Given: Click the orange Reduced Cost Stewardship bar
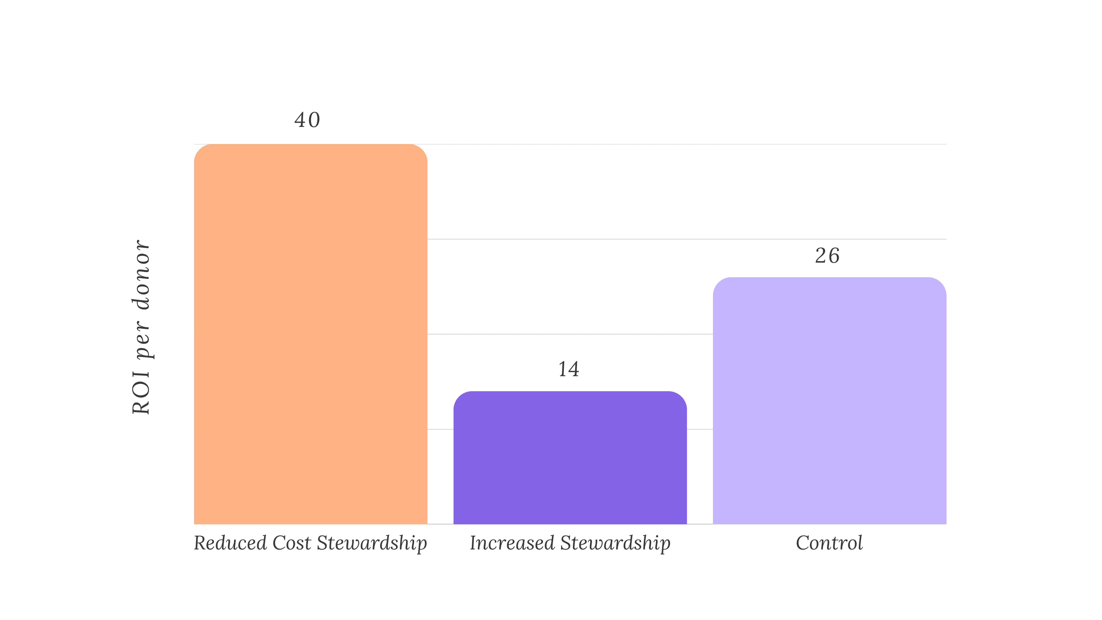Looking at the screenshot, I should point(311,334).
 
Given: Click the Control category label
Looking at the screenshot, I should point(829,543).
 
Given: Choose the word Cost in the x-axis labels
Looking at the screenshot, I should point(292,543).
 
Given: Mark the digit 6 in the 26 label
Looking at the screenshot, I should point(834,256).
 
